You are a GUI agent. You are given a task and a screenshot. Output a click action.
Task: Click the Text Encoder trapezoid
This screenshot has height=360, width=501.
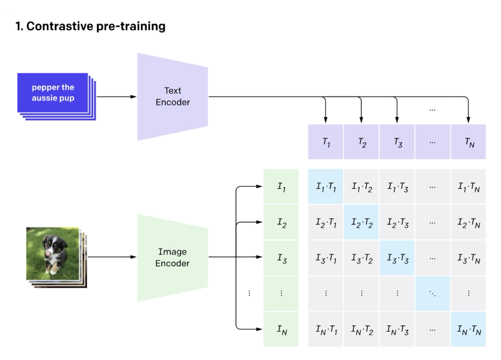click(x=173, y=97)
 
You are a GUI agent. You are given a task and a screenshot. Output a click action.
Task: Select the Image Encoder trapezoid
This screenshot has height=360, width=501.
click(x=173, y=257)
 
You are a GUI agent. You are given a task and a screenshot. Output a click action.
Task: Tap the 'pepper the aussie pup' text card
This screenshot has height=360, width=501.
click(x=53, y=93)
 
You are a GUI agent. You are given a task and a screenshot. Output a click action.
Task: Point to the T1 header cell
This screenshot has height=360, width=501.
click(x=326, y=142)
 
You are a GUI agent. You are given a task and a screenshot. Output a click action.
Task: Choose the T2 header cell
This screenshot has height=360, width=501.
click(x=361, y=142)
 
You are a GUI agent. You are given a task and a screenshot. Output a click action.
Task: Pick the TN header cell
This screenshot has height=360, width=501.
click(x=468, y=142)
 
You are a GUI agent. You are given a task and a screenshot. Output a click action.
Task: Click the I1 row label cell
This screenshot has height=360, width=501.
click(x=281, y=186)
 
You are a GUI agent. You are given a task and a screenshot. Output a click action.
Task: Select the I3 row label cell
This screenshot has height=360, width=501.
click(x=281, y=258)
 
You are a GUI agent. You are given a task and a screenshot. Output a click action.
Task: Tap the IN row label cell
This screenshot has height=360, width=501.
click(x=281, y=329)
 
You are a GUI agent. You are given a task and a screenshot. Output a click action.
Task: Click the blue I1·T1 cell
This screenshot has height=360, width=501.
click(x=326, y=186)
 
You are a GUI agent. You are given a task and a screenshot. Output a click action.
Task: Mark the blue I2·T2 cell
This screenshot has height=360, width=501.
click(x=361, y=222)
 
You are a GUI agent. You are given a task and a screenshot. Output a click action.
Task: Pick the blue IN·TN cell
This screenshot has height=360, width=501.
click(x=468, y=329)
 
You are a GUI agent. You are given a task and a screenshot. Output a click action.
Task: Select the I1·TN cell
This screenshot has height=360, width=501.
click(x=468, y=186)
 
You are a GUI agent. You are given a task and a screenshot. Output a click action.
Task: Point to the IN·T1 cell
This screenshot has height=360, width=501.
click(x=326, y=329)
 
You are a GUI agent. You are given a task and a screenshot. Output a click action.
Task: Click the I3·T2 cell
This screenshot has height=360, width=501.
click(x=361, y=258)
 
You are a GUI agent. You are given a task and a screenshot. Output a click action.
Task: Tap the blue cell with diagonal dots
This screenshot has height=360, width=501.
click(x=432, y=294)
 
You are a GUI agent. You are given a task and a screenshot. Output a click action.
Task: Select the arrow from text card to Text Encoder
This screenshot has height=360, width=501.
click(x=116, y=97)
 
